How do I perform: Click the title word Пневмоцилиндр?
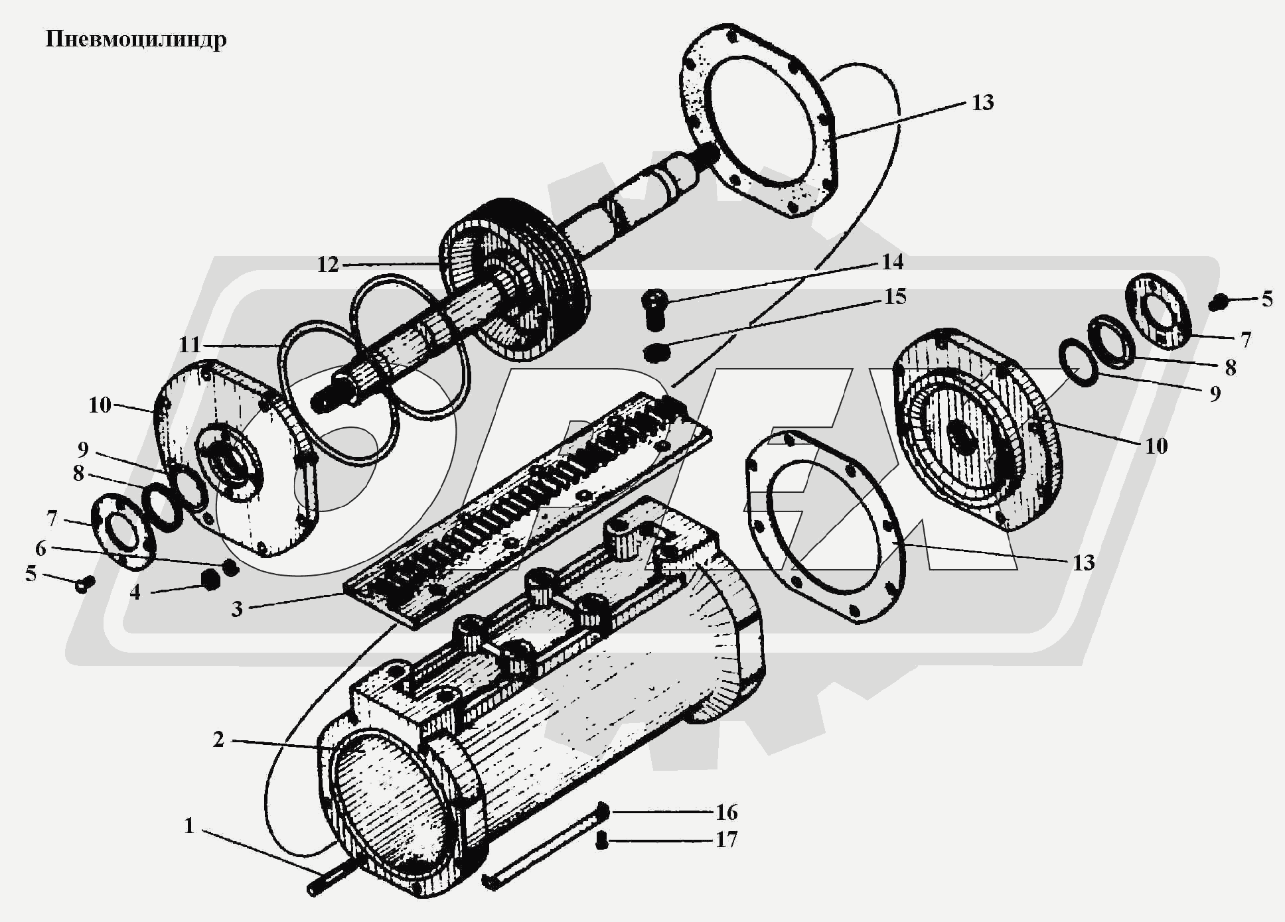pos(136,40)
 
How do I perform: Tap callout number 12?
pos(328,265)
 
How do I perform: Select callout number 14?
pos(892,262)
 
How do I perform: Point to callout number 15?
pos(895,296)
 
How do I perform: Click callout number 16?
pos(726,812)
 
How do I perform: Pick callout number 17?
pos(726,840)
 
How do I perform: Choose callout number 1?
pos(189,826)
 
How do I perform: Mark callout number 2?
pos(218,739)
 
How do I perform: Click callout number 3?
pos(237,609)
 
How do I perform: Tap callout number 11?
pos(190,345)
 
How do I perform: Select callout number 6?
pos(40,548)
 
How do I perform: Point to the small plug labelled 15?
pos(656,352)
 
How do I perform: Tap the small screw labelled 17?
pos(602,840)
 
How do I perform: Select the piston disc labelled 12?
pos(515,279)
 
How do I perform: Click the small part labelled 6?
pos(230,567)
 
